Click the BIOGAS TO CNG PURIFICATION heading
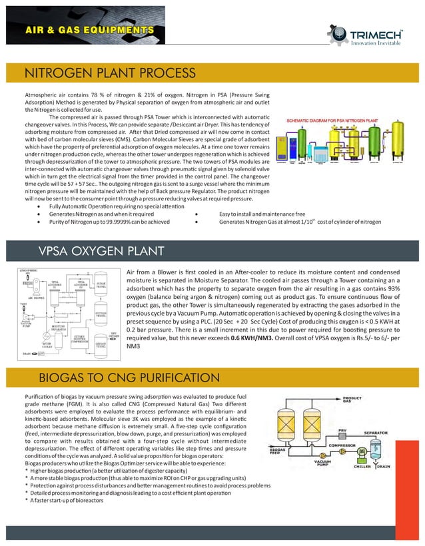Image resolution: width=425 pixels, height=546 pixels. (129, 378)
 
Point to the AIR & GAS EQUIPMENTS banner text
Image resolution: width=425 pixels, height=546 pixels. (96, 30)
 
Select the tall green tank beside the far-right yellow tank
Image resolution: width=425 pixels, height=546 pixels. (380, 144)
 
